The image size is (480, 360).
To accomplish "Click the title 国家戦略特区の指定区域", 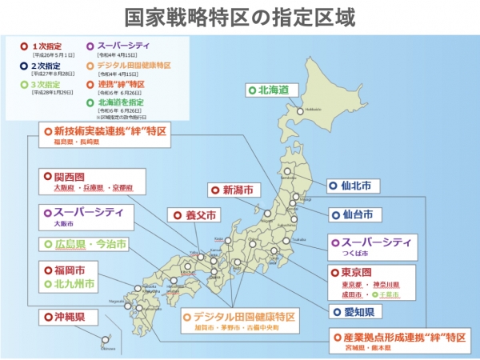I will click(x=240, y=17).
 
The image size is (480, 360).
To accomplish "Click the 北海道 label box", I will click(x=268, y=90).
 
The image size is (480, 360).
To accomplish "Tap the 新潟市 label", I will click(x=237, y=190).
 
